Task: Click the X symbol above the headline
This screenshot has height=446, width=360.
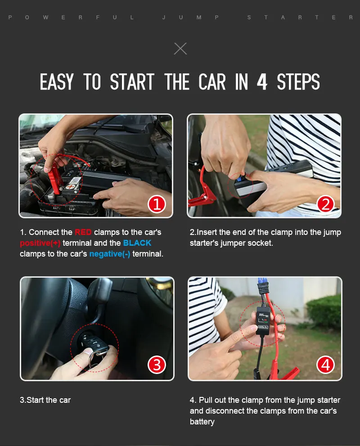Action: [180, 49]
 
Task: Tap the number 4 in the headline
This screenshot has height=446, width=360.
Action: [262, 81]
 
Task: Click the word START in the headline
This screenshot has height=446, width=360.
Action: [132, 81]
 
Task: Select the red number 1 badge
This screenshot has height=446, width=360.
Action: [157, 204]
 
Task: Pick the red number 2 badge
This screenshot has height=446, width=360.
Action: [325, 204]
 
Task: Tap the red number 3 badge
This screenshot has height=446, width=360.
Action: [157, 365]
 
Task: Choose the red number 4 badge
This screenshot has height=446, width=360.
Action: [325, 365]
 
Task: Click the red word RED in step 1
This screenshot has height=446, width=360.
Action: [83, 232]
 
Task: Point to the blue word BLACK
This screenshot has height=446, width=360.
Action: [137, 243]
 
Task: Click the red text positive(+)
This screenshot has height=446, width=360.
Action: [40, 243]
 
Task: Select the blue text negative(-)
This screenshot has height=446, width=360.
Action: [110, 254]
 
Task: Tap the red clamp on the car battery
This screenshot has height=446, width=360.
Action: [54, 178]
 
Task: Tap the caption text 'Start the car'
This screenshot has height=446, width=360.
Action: [49, 400]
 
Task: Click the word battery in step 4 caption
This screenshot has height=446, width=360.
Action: [202, 422]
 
